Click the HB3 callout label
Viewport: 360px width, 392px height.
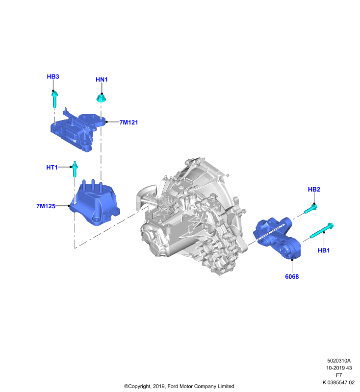pyautogui.click(x=53, y=76)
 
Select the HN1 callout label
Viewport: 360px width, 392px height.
pyautogui.click(x=102, y=79)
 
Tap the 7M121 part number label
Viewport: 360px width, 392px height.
pyautogui.click(x=129, y=122)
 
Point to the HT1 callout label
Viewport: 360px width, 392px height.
pyautogui.click(x=52, y=168)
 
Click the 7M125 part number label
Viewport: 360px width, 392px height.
pyautogui.click(x=46, y=206)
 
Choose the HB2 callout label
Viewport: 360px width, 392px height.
pyautogui.click(x=314, y=190)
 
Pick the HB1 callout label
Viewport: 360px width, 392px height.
pyautogui.click(x=324, y=250)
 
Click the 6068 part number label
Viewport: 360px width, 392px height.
pyautogui.click(x=292, y=276)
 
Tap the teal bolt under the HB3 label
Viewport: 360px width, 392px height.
pyautogui.click(x=55, y=100)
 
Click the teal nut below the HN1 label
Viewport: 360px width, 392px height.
pyautogui.click(x=101, y=98)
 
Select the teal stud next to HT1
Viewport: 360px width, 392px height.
pyautogui.click(x=75, y=169)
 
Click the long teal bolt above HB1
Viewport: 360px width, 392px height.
pyautogui.click(x=322, y=230)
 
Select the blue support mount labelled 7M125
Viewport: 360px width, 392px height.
pyautogui.click(x=95, y=202)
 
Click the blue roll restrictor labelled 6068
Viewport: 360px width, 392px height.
pyautogui.click(x=277, y=238)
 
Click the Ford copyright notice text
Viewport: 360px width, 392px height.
pyautogui.click(x=179, y=386)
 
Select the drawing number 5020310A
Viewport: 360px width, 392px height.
pyautogui.click(x=339, y=361)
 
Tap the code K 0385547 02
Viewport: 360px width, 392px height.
pyautogui.click(x=338, y=383)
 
